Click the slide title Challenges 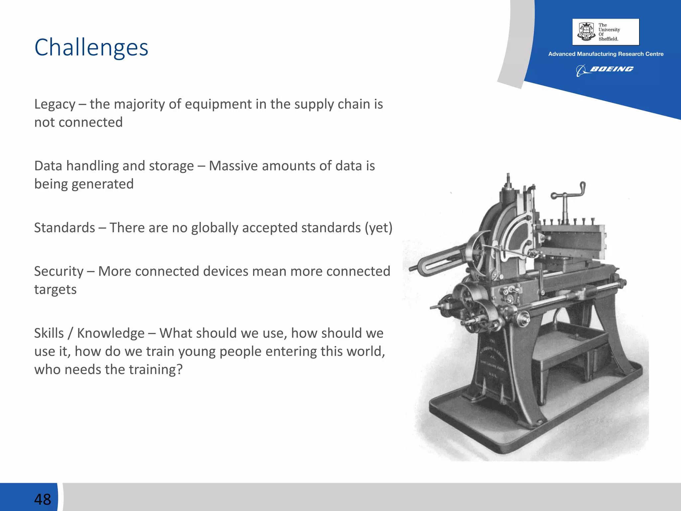coord(91,48)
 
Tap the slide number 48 coord(43,499)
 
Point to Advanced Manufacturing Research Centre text coord(606,54)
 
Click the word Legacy coord(55,104)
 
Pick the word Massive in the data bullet coord(233,166)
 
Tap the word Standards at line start coord(65,228)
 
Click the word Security coord(59,271)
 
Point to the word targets coord(55,290)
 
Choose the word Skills coord(49,333)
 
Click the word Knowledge coord(111,333)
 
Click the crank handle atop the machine coord(569,193)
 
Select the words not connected coord(78,122)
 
